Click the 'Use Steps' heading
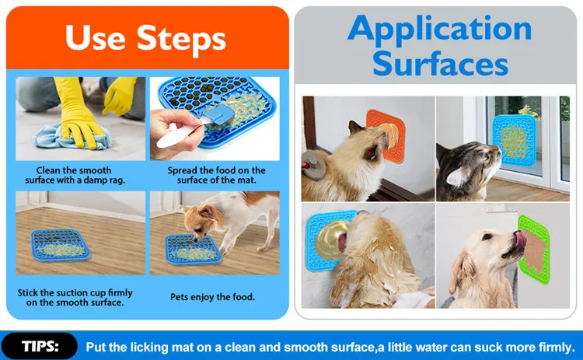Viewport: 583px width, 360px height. (x=145, y=38)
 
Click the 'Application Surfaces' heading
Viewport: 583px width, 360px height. (x=440, y=46)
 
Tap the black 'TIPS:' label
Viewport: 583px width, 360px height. (x=40, y=346)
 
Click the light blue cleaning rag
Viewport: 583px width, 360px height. (x=72, y=137)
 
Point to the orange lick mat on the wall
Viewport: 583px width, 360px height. (x=386, y=135)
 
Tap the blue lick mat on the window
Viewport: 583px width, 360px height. (x=515, y=140)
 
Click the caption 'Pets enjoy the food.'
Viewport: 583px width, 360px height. (x=213, y=297)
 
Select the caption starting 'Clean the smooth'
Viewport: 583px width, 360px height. (x=75, y=175)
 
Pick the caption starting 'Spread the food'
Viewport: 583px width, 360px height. (x=216, y=175)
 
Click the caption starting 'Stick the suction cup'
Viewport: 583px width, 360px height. (x=75, y=298)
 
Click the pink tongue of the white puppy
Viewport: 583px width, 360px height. (x=520, y=239)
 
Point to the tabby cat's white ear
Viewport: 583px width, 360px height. (x=456, y=177)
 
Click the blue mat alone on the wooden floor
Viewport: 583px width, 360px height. (x=61, y=245)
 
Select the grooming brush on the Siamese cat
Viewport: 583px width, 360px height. (x=314, y=165)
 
